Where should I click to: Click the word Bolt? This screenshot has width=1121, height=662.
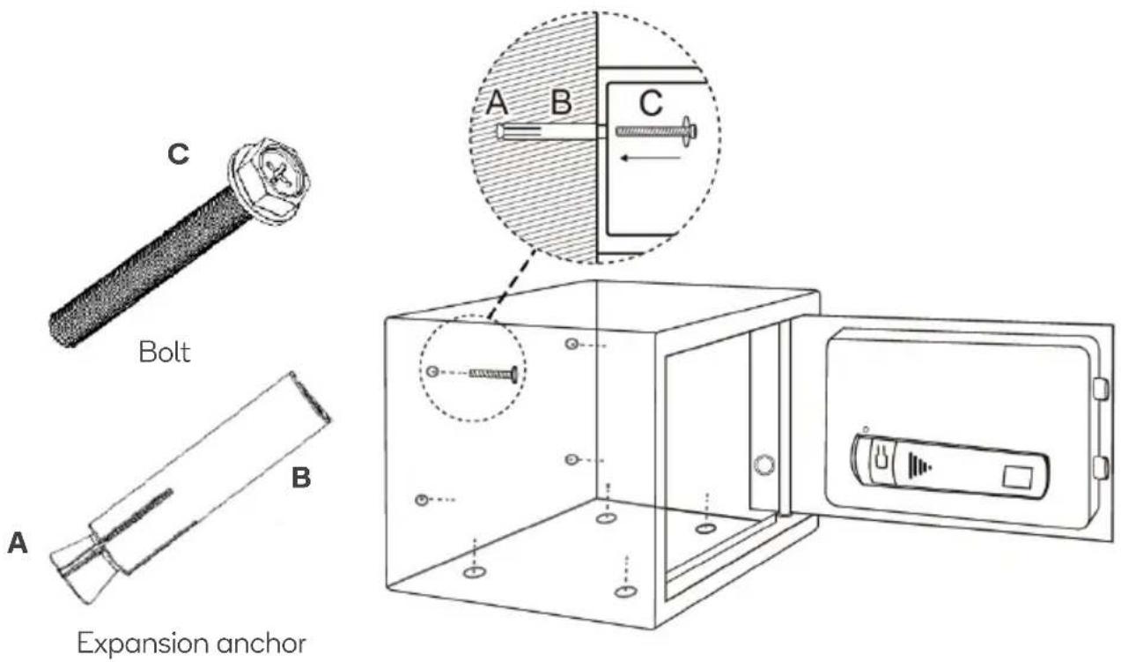click(165, 352)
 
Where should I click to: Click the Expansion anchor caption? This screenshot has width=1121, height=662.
click(192, 643)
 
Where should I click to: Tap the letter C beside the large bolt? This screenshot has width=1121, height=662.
click(179, 154)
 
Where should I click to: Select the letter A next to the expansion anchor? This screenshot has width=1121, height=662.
click(18, 543)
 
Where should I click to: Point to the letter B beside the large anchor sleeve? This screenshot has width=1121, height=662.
click(301, 478)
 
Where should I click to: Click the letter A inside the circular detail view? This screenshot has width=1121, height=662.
click(497, 102)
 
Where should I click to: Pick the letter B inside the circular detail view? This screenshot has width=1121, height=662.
click(561, 102)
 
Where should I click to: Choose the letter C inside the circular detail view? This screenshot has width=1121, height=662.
click(651, 103)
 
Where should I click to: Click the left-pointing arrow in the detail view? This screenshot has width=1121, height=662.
click(650, 159)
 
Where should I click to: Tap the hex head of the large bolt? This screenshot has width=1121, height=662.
click(269, 180)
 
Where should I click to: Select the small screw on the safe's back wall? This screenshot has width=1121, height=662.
click(494, 374)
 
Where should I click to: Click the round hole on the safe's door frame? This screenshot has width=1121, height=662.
click(763, 465)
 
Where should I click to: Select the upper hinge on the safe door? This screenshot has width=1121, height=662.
click(1100, 389)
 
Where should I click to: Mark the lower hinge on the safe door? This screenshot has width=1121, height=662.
click(1100, 467)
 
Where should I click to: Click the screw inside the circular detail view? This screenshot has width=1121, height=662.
click(656, 131)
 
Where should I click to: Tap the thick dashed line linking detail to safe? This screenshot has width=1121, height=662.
click(512, 285)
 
